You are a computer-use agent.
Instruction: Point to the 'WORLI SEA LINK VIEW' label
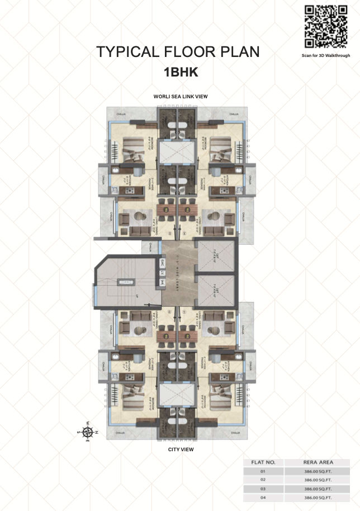click(181, 97)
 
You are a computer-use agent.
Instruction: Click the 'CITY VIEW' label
click(181, 449)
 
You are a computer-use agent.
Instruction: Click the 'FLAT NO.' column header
click(263, 462)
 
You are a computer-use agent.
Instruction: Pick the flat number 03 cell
click(263, 488)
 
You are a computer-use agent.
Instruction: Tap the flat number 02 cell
click(263, 480)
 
